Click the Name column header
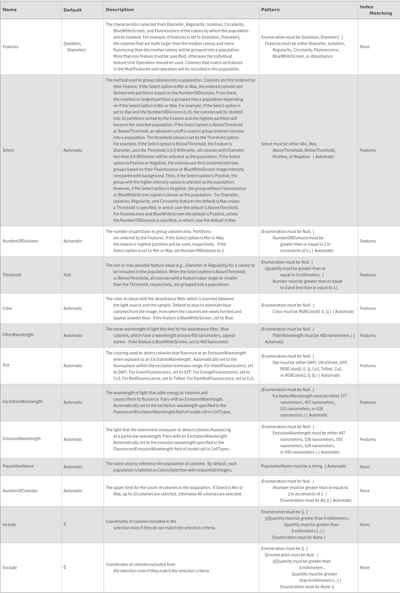[x=10, y=10]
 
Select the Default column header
[x=73, y=10]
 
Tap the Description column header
[x=120, y=10]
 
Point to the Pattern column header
[x=270, y=10]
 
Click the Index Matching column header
[x=376, y=10]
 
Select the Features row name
[x=10, y=47]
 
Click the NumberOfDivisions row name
[x=20, y=241]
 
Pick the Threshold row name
[x=12, y=275]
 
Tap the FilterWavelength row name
[x=18, y=335]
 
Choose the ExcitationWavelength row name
[x=22, y=401]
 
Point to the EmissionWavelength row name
[x=22, y=438]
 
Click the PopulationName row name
[x=18, y=466]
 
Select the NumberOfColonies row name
[x=20, y=491]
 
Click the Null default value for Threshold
[x=67, y=275]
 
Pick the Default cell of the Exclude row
[x=65, y=567]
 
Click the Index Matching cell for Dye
[x=367, y=366]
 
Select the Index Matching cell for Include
[x=365, y=525]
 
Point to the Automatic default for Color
[x=73, y=308]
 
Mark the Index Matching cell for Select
[x=367, y=150]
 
